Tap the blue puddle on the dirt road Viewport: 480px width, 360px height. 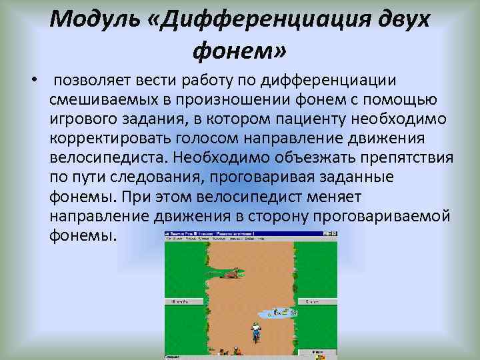277,311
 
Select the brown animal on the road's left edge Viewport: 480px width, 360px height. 230,273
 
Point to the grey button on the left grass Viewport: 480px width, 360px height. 180,302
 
